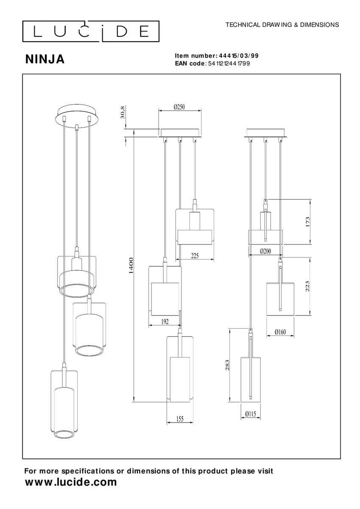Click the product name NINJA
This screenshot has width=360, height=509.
[45, 59]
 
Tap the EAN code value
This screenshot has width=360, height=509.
[228, 64]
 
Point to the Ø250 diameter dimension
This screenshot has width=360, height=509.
[179, 108]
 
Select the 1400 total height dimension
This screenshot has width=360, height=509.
[131, 265]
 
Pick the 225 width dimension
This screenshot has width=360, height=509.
[194, 256]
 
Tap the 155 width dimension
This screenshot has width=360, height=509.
[179, 419]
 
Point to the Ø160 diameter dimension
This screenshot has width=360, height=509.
[280, 332]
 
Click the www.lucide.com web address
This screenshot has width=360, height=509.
[71, 482]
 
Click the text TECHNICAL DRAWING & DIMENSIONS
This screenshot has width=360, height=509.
[282, 25]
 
